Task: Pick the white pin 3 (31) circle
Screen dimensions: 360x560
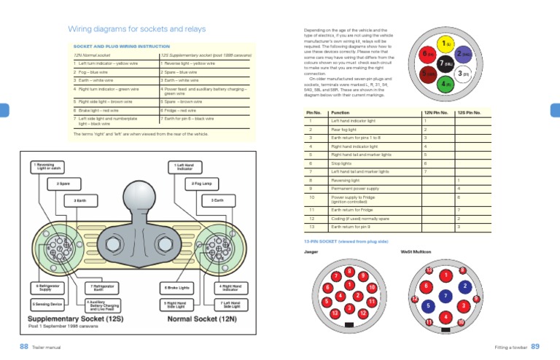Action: coord(464,74)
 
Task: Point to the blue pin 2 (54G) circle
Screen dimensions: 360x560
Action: coord(464,53)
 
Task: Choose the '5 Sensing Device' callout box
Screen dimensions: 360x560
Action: coord(48,303)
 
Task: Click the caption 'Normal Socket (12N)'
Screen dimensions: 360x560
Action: coord(201,318)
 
